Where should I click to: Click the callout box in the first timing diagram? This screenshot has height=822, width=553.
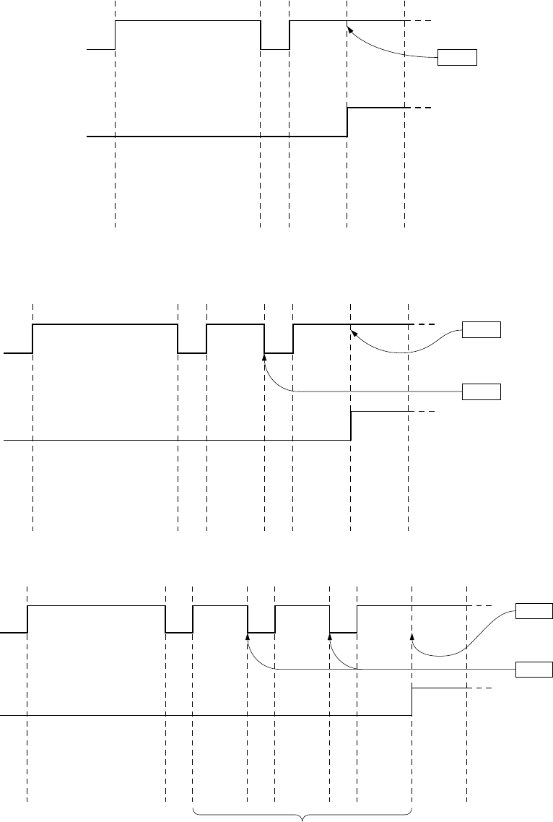[458, 57]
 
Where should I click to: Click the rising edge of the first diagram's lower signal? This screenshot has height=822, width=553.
[347, 121]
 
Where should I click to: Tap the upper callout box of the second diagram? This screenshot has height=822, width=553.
[481, 330]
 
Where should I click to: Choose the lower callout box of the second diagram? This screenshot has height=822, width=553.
[481, 391]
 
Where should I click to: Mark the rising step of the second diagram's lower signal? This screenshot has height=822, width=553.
[351, 425]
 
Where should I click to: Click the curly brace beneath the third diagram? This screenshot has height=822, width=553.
[302, 815]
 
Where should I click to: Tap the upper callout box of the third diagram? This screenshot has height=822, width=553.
[534, 611]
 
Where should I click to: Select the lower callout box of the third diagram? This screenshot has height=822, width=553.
[534, 669]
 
